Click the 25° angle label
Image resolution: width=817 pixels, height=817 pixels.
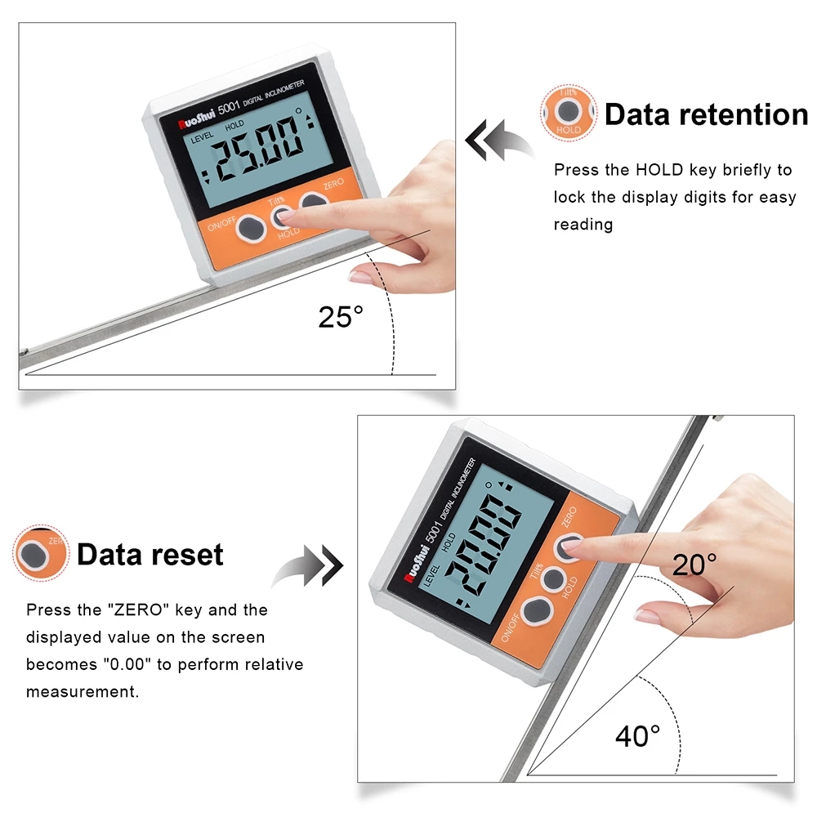point(340,315)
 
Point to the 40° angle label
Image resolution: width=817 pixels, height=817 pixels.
point(637,736)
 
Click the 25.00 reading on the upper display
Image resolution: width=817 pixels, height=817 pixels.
point(252,161)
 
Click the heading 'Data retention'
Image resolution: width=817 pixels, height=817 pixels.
point(706,114)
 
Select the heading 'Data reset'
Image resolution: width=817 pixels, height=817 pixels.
point(150,555)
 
